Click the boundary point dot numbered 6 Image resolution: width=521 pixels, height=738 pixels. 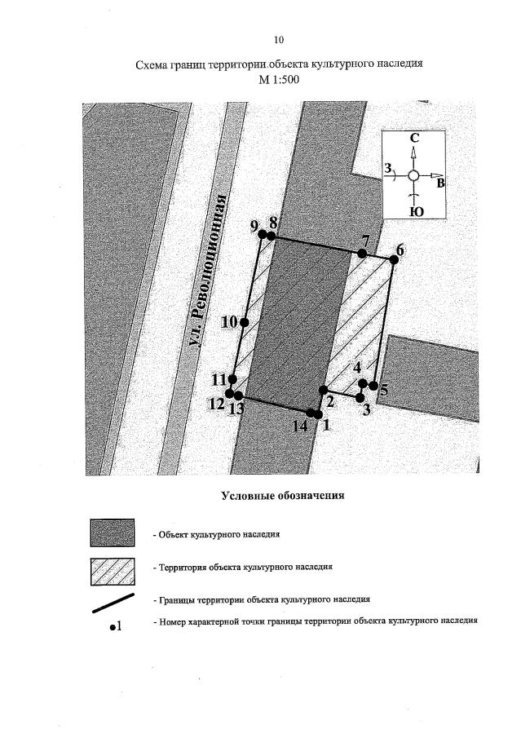(393, 259)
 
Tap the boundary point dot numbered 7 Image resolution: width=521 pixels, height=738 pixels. (362, 253)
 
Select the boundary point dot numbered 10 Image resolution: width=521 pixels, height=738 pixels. (244, 322)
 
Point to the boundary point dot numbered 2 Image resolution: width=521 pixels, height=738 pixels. (323, 390)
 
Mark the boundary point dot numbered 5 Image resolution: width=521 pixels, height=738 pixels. (373, 385)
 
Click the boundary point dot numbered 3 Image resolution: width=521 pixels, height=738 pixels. (360, 397)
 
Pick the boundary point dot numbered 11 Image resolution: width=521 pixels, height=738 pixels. (233, 379)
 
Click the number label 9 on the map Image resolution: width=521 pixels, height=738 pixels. (255, 225)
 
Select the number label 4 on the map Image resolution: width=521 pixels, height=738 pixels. (357, 368)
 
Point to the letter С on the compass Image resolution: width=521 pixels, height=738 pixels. (414, 139)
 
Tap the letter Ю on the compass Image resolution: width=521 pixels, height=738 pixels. (414, 211)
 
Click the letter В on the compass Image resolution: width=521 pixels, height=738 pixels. (440, 183)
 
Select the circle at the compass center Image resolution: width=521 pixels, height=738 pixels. (413, 175)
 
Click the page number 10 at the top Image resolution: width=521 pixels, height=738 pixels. (280, 39)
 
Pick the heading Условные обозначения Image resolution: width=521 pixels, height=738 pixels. (282, 495)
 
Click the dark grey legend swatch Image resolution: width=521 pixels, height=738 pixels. (112, 533)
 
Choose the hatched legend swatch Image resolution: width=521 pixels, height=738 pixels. (112, 571)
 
